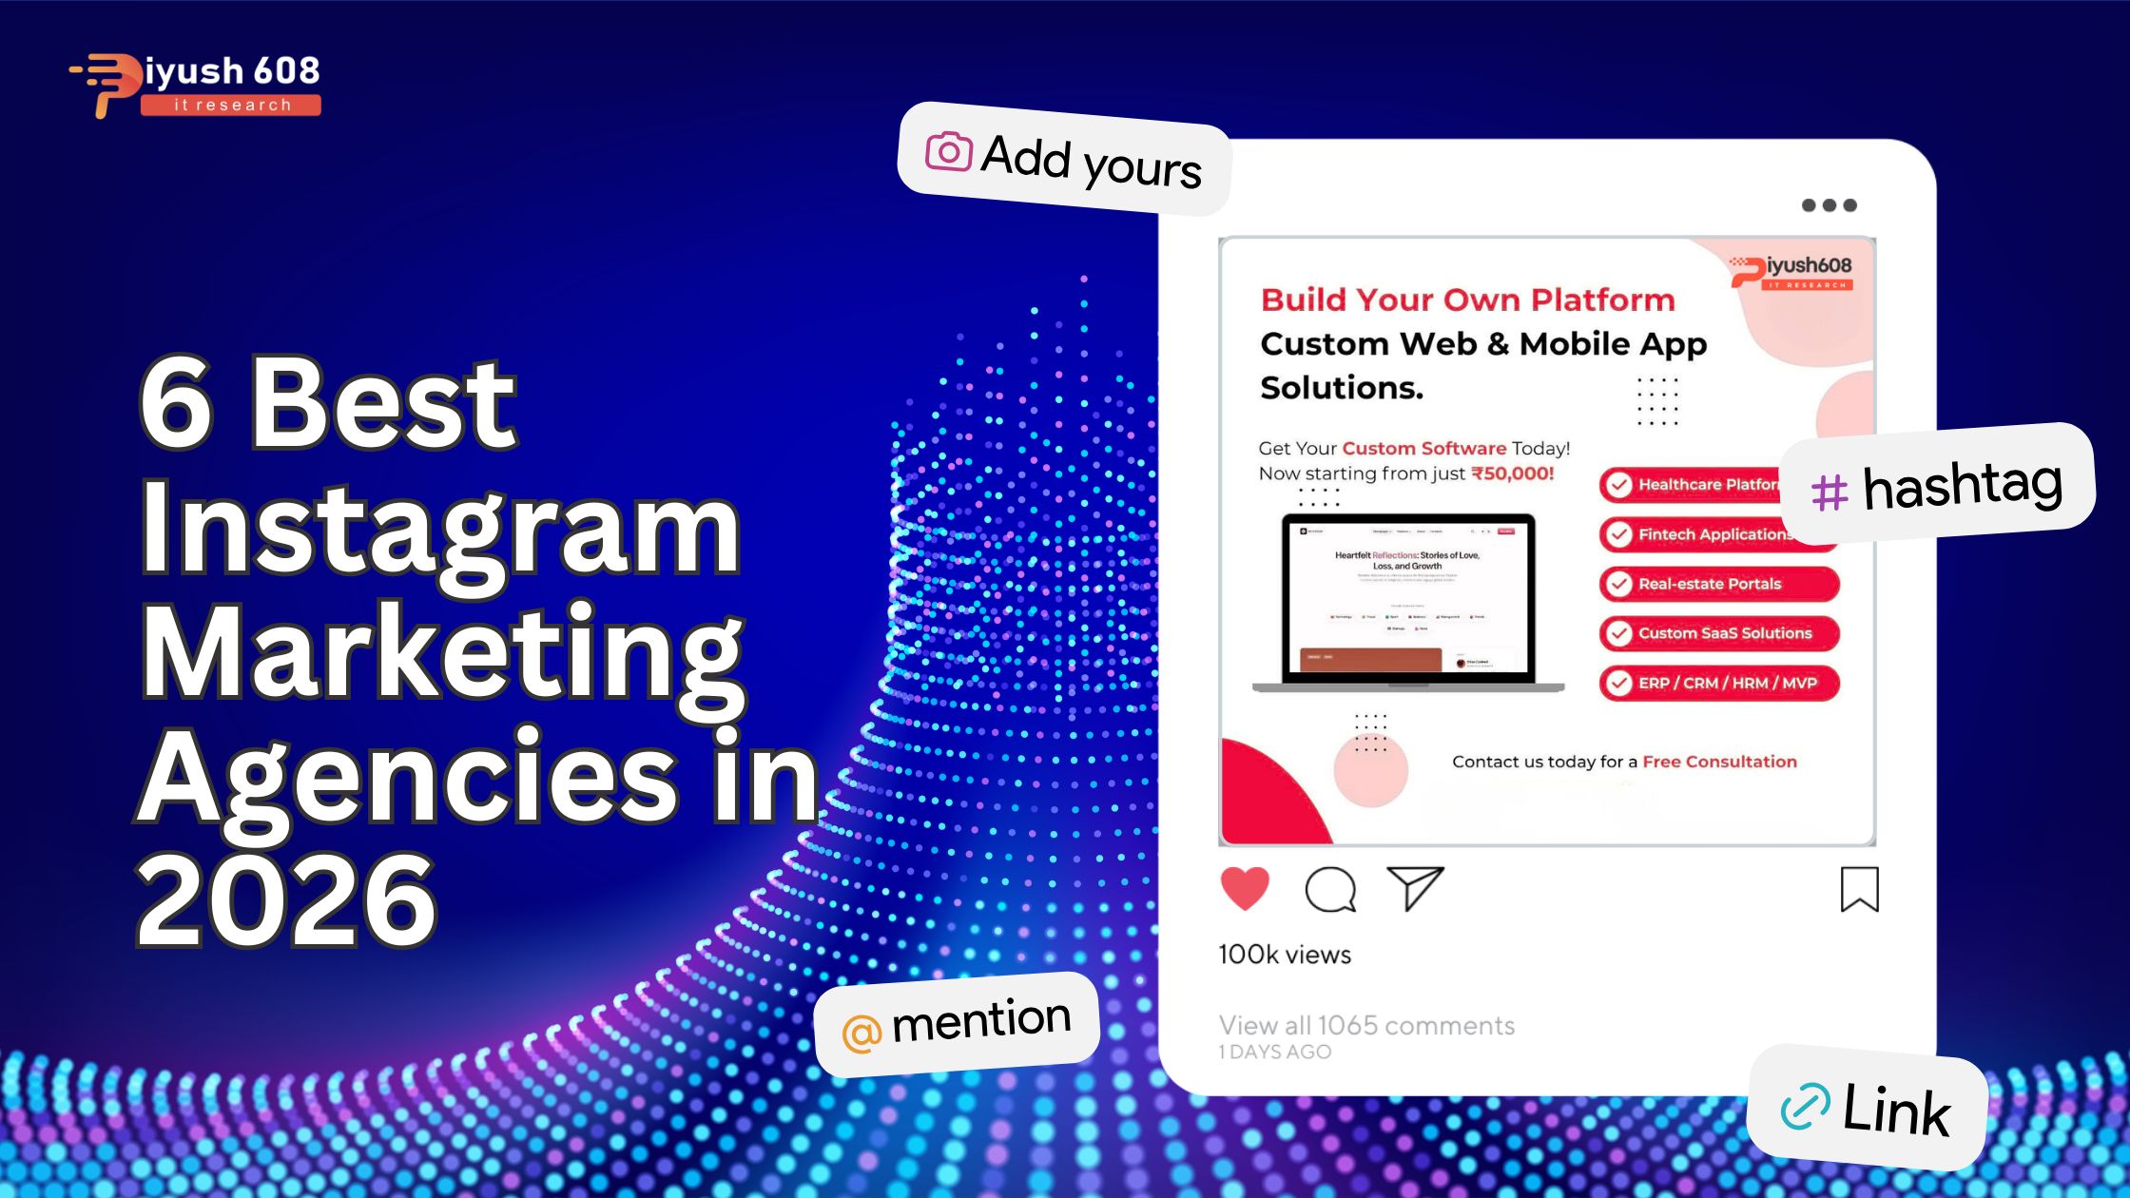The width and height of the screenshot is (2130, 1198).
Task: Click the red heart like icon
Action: pos(1245,889)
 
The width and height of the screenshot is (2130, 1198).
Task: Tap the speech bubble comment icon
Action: pos(1330,890)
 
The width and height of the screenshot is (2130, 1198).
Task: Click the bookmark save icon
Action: pos(1859,890)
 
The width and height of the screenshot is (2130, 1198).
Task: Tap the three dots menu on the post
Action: pos(1829,205)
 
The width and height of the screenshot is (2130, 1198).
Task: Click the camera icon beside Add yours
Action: pos(948,152)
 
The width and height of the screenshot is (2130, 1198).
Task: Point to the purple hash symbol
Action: pos(1829,493)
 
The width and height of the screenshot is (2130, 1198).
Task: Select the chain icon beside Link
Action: pos(1804,1106)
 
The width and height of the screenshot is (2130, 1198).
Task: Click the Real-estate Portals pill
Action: pos(1719,584)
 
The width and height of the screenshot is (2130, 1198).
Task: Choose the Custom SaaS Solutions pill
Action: pos(1719,633)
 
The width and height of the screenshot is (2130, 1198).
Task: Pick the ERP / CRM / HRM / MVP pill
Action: pos(1719,683)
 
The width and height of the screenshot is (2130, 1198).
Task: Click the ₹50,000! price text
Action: pos(1512,473)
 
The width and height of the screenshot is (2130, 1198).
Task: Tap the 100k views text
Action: pos(1285,955)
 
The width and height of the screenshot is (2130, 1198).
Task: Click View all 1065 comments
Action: pos(1366,1025)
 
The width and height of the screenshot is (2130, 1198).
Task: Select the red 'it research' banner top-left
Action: pos(231,105)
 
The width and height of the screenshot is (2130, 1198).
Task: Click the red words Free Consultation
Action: pos(1719,762)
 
